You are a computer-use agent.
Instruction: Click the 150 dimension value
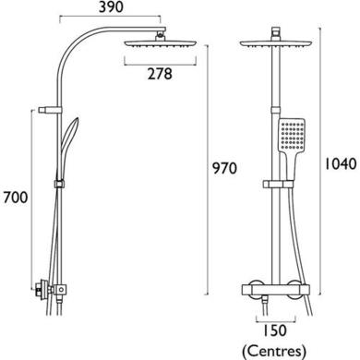point(274,330)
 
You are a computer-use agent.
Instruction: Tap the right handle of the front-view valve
point(302,288)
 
